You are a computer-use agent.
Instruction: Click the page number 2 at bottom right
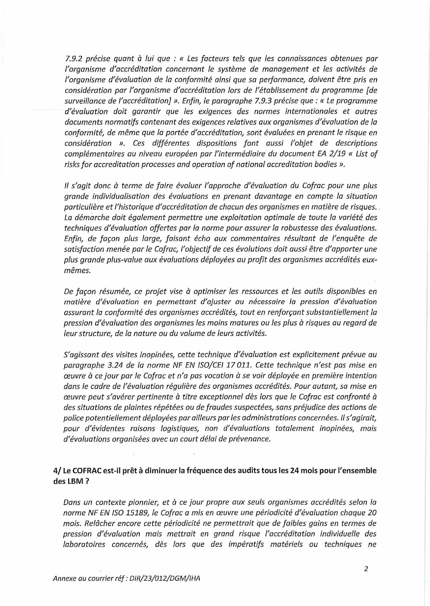tap(366, 569)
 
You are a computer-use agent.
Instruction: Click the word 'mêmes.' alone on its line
tap(77, 271)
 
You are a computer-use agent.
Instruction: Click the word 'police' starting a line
tap(73, 418)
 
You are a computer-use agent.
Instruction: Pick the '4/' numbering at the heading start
tap(57, 471)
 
